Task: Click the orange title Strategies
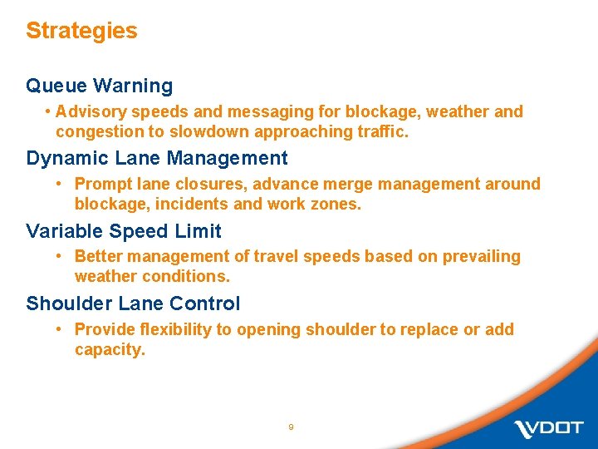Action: (81, 31)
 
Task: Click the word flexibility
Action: (172, 329)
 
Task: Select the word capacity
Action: (109, 349)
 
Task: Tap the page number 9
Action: (291, 427)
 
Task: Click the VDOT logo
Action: (548, 429)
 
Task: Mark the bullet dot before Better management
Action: (60, 256)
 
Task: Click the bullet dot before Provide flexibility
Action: (60, 329)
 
